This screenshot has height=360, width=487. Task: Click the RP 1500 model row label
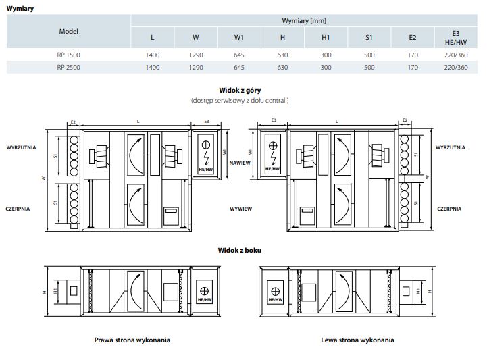coord(68,55)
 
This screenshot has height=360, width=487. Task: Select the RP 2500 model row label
coord(68,68)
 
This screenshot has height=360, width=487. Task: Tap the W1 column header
coord(239,38)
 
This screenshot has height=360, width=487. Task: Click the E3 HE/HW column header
coord(456,38)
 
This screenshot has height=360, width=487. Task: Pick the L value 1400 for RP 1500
coord(153,55)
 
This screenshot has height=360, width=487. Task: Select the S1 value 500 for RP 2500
coord(369,68)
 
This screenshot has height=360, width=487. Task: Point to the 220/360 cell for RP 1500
coord(456,55)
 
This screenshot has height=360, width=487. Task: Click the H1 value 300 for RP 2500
coord(326,68)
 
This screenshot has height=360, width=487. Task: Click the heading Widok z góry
coord(240,91)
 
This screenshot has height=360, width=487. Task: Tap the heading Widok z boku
coord(240,251)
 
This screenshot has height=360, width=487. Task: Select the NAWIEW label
coord(240,163)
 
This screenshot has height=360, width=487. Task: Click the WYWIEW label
coord(240,209)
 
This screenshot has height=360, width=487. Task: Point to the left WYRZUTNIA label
coord(21,147)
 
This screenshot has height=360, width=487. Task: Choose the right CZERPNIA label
coord(449,209)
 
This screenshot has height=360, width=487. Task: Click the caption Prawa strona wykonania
coord(132,340)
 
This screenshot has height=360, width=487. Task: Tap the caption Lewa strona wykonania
coord(357,340)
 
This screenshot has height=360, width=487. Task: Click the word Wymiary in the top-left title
coord(20,9)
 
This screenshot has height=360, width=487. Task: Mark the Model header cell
coord(69,31)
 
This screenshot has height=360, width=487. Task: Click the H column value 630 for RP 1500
coord(282,55)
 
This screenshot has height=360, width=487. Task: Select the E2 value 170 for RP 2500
coord(413,68)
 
